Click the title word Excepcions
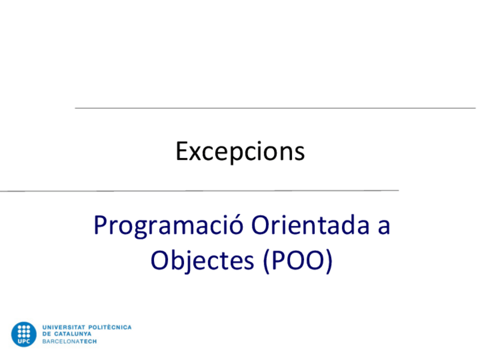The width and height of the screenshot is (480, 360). pos(240,151)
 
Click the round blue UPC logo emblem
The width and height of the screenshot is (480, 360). pos(24,335)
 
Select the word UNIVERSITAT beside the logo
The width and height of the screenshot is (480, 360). pos(63,327)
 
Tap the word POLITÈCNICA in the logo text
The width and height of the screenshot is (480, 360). pos(109,327)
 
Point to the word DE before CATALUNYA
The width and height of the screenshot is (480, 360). pos(48,335)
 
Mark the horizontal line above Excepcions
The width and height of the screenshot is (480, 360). pos(275,108)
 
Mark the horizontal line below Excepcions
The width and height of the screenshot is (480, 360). pos(199,191)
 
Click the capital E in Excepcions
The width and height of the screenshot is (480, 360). pos(181,151)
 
